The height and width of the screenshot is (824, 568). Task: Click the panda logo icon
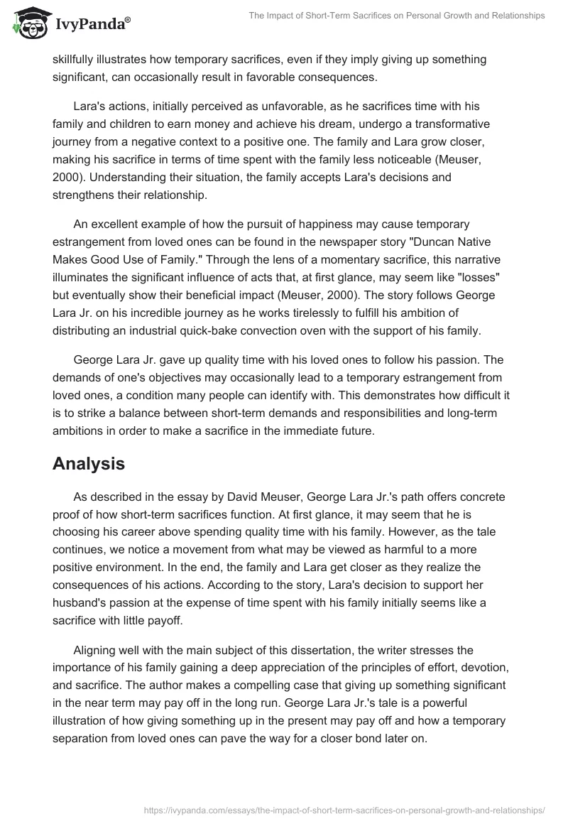coord(27,22)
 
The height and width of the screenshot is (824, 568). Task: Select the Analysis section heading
coord(89,444)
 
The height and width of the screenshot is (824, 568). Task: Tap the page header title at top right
coord(398,16)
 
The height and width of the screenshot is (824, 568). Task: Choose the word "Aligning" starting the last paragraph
coord(95,649)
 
